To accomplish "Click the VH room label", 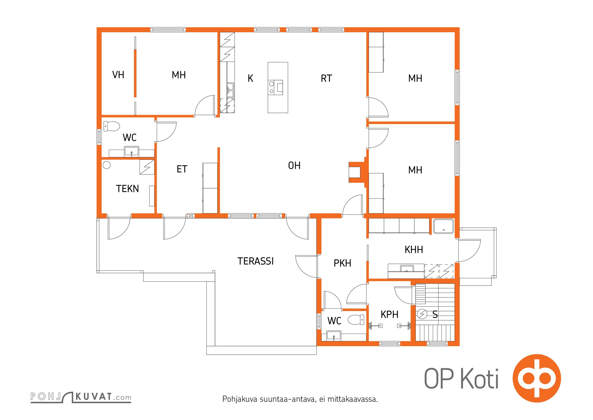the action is (x=118, y=75).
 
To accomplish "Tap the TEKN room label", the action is (x=127, y=189).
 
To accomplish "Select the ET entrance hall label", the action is (x=182, y=169).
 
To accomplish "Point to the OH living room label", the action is (x=294, y=165).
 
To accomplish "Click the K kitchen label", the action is (x=250, y=78).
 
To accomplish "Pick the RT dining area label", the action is (x=326, y=78).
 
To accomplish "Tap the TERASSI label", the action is (x=256, y=261).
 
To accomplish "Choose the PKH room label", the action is (x=342, y=263).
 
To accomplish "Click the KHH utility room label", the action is (x=414, y=250).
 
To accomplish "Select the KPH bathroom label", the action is (x=389, y=314).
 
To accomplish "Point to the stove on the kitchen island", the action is (x=275, y=87).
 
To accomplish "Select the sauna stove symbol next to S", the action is (x=422, y=314).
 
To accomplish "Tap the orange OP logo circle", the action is (x=537, y=378).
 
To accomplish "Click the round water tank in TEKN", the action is (x=106, y=165).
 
